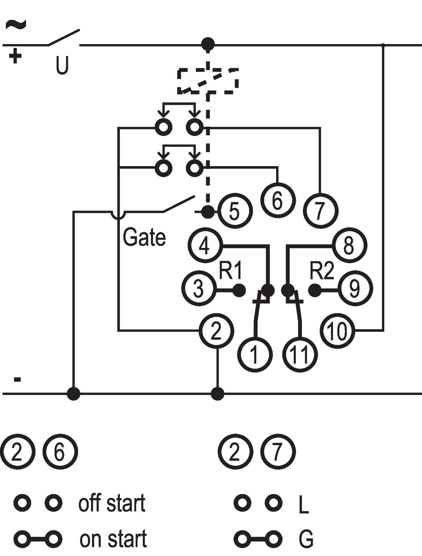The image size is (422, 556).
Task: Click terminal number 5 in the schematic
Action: click(x=235, y=211)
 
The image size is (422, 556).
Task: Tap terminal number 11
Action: click(x=300, y=354)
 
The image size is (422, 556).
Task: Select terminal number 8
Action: click(x=349, y=245)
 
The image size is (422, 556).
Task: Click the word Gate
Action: click(x=144, y=237)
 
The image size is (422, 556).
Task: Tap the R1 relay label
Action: click(x=230, y=271)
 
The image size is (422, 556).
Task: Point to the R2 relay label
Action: click(x=322, y=271)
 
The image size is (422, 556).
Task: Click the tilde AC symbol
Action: click(x=16, y=24)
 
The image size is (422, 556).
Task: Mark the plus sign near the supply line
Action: click(x=15, y=56)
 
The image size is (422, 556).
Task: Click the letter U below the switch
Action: click(x=62, y=65)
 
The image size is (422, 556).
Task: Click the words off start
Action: click(x=112, y=503)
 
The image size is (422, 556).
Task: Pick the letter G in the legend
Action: click(x=306, y=539)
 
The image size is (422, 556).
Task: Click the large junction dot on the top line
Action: click(x=208, y=44)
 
